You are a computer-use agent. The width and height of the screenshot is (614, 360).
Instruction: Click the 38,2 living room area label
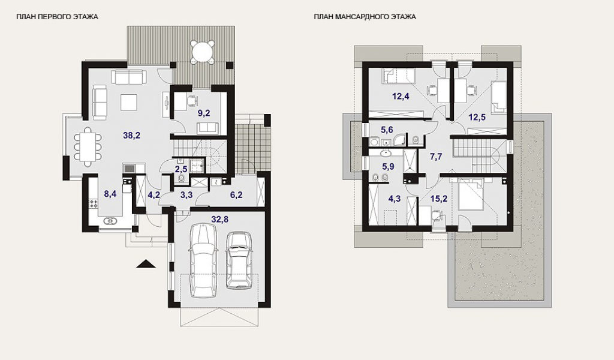[x=131, y=136]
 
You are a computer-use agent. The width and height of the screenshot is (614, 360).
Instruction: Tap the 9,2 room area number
[x=204, y=113]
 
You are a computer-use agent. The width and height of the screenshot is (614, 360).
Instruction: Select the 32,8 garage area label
[x=219, y=220]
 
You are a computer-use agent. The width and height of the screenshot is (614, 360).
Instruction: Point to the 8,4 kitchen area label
[x=110, y=194]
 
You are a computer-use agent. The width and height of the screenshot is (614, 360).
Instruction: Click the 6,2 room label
[x=236, y=194]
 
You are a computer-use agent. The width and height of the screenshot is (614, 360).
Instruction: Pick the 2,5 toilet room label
[x=180, y=169]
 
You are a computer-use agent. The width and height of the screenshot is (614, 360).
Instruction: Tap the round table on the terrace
[x=203, y=51]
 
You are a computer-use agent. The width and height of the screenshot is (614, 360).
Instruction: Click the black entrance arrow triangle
[x=146, y=264]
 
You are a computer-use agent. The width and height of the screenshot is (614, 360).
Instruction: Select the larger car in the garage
[x=203, y=260]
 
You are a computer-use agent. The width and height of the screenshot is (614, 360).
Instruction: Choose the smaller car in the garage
[x=239, y=260]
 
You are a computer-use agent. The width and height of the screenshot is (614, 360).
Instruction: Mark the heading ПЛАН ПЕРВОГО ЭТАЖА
[x=57, y=17]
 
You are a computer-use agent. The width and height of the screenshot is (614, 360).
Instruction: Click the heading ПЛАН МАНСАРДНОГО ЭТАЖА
[x=365, y=17]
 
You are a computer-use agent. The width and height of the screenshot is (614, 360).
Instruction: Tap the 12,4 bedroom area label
[x=401, y=96]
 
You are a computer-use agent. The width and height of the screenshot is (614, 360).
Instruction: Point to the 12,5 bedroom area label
[x=477, y=117]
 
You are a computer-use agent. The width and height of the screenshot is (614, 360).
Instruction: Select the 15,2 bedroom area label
[x=438, y=199]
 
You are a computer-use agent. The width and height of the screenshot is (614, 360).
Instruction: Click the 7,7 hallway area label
[x=436, y=157]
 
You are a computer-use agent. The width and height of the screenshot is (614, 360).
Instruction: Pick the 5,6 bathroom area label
[x=387, y=130]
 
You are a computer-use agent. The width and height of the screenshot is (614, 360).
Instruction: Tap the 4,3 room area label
[x=395, y=199]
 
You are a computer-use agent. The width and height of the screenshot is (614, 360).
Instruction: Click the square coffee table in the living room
[x=129, y=102]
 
